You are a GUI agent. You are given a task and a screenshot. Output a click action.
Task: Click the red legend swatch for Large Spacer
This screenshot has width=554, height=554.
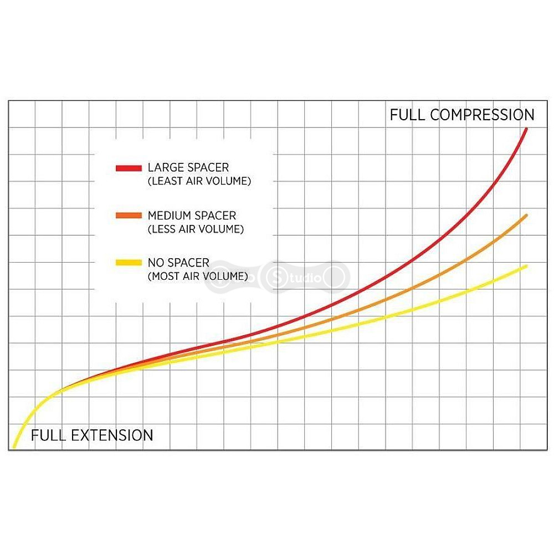(x=129, y=168)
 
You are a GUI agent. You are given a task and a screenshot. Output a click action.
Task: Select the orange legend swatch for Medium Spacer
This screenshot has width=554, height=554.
(x=129, y=216)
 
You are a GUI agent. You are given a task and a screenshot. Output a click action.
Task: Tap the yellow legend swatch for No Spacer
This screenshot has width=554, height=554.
(x=129, y=263)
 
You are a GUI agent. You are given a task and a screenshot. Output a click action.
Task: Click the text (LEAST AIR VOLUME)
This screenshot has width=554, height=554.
(x=199, y=181)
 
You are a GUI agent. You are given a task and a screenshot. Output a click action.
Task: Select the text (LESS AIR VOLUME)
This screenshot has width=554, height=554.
(x=196, y=229)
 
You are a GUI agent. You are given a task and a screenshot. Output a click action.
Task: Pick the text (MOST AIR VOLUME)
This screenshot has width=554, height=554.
(x=198, y=276)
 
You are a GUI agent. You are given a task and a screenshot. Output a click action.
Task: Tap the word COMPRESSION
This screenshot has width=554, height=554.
(x=482, y=115)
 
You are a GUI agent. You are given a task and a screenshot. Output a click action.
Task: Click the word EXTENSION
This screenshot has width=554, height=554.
(x=112, y=435)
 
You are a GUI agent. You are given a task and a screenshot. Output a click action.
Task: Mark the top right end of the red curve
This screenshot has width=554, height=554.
(x=526, y=129)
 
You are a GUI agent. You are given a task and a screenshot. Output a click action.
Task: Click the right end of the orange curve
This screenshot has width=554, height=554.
(x=526, y=215)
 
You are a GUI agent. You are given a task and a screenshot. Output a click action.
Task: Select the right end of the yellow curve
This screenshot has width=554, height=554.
(x=526, y=266)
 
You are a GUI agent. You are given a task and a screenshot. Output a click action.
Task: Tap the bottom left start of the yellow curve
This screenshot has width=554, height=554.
(x=14, y=447)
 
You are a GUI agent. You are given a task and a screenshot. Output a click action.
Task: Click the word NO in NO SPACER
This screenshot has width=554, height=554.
(x=155, y=263)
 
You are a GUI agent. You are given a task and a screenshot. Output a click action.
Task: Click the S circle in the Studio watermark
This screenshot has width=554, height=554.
(x=276, y=278)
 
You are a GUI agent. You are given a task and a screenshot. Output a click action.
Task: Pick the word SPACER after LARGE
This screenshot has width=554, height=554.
(x=207, y=167)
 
